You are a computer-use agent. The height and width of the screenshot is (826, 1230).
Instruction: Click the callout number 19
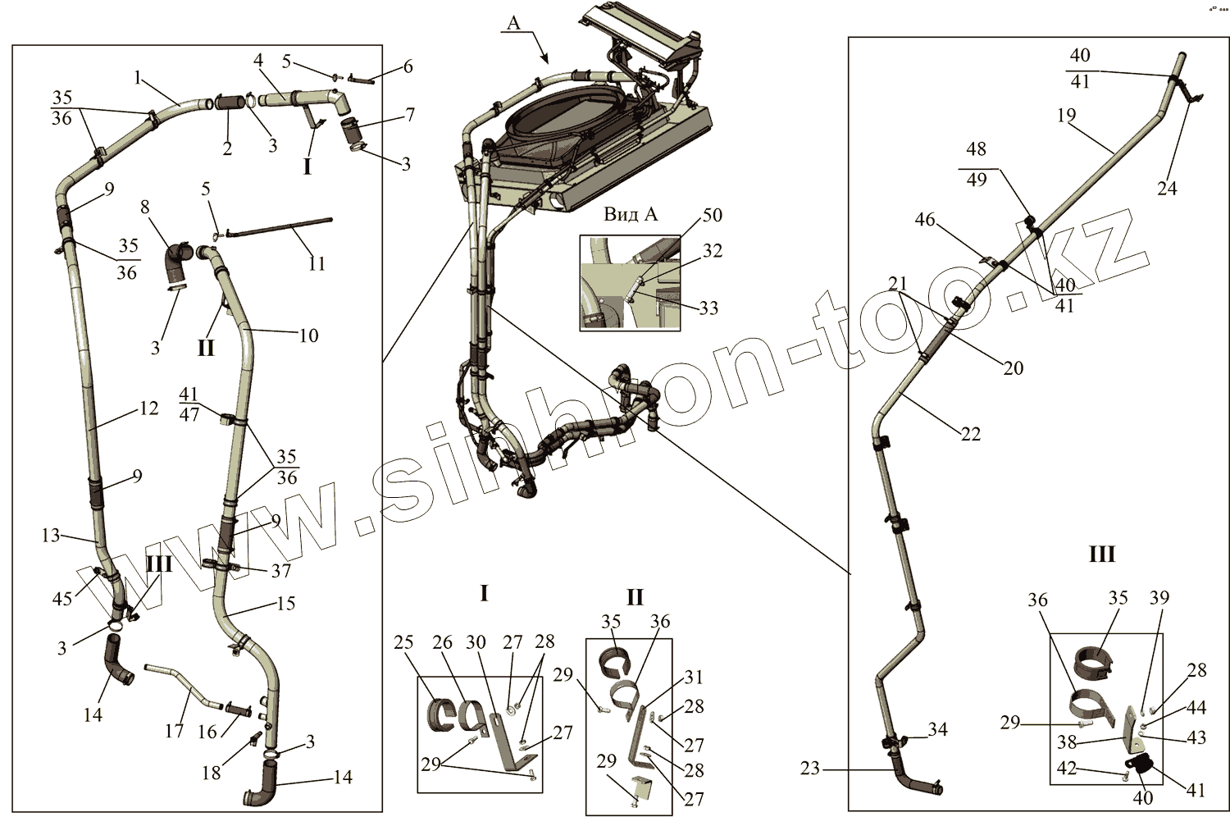coord(1066,115)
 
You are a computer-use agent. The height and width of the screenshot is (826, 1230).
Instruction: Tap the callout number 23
coord(810,769)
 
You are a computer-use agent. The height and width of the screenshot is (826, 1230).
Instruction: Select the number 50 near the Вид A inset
coord(713,215)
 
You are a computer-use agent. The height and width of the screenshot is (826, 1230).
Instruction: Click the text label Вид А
coord(631,214)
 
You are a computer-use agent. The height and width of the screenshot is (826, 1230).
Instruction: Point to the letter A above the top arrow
coord(513,22)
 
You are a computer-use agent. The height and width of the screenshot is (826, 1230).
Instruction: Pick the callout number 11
coord(317,263)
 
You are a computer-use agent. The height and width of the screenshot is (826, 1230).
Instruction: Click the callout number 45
coord(62,599)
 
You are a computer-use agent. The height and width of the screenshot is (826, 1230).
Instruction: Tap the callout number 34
coord(937,729)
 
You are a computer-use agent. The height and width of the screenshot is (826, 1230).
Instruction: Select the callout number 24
coord(1167,189)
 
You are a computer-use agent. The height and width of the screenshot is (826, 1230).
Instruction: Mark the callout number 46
coord(925,220)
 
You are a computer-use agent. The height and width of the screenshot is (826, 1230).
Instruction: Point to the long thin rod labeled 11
coord(279,227)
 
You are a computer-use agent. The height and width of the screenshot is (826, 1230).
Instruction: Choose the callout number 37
coord(281,571)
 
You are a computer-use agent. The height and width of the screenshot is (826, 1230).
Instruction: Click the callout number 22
coord(971,434)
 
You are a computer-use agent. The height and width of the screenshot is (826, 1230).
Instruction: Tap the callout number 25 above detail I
coord(403,642)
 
